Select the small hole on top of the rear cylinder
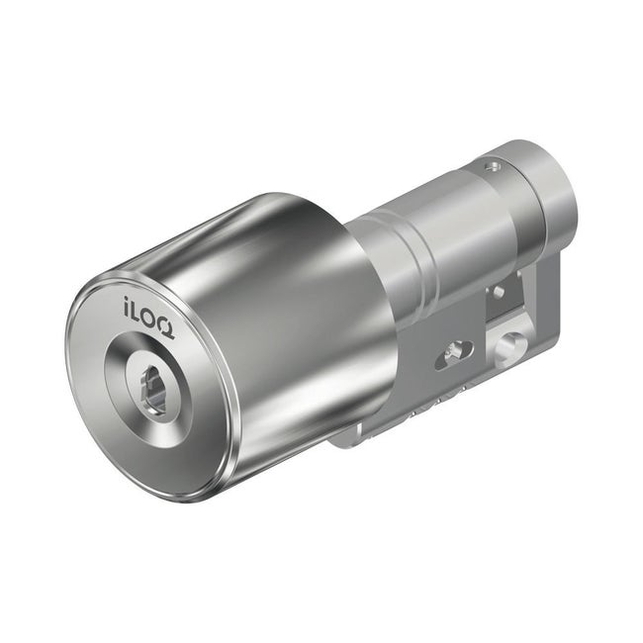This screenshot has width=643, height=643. click(487, 165)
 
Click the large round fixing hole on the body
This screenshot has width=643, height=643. click(510, 346)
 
